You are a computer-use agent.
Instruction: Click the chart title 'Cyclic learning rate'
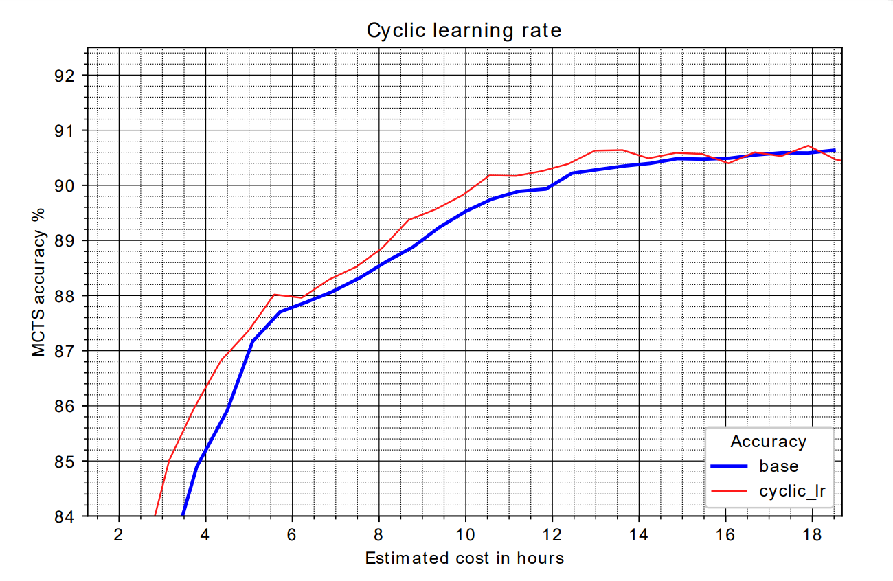(x=464, y=31)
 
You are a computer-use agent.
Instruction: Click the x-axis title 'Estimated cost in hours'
(x=464, y=558)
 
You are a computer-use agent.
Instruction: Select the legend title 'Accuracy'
(x=768, y=441)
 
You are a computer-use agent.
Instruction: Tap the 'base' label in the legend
(x=779, y=466)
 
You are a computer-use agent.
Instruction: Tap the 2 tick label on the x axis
(x=119, y=534)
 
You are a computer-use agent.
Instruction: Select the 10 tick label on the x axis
(x=465, y=534)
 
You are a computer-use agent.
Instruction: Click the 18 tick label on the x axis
(x=812, y=534)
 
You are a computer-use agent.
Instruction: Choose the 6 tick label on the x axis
(x=292, y=534)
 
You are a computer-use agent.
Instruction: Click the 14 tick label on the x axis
(x=639, y=534)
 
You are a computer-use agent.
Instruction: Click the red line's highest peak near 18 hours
(x=809, y=146)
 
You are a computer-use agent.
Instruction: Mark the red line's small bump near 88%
(x=275, y=294)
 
